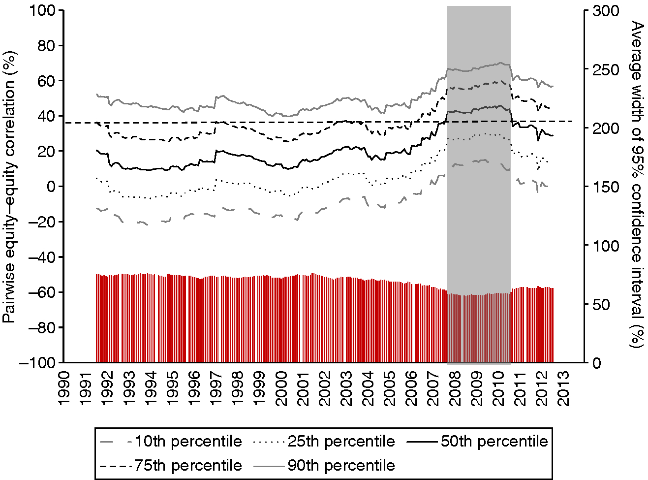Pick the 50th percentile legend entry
click(x=477, y=442)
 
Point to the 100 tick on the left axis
click(x=43, y=10)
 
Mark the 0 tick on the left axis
click(x=52, y=187)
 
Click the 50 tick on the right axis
click(x=600, y=304)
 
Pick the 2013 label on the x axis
click(x=564, y=389)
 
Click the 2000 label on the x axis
click(x=281, y=389)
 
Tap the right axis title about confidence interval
click(x=638, y=185)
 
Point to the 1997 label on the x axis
click(x=216, y=389)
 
